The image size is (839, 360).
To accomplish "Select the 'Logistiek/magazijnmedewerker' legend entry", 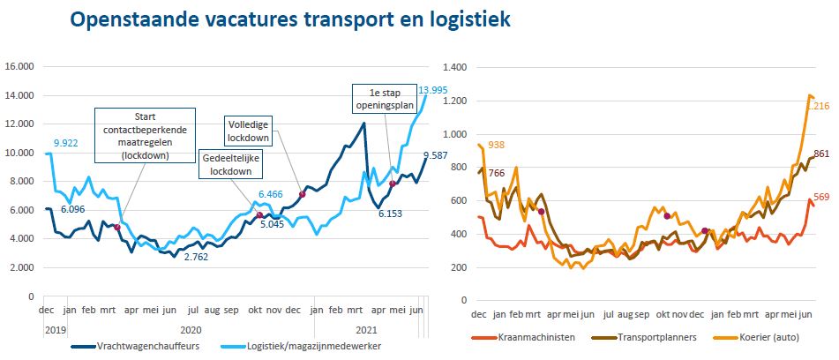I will [x=305, y=347].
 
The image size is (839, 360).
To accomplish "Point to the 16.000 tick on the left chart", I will [x=19, y=66].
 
